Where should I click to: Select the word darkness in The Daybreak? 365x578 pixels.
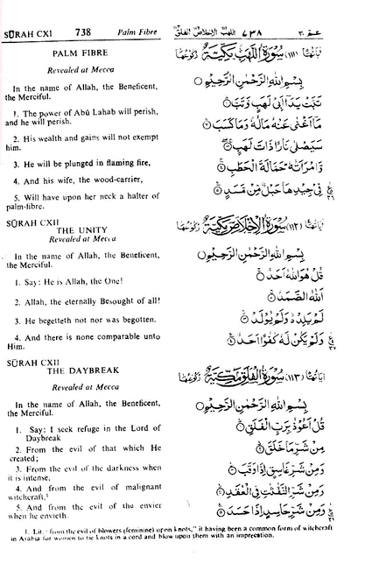[x=124, y=468]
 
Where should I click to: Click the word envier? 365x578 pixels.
[x=149, y=506]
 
